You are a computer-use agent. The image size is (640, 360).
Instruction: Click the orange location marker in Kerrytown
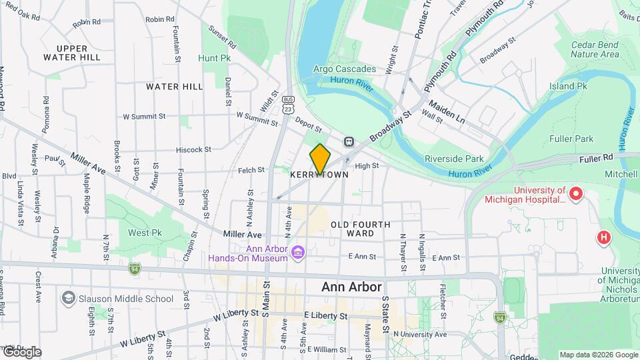(x=320, y=159)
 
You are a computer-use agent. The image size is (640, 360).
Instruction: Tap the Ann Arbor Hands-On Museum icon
(x=298, y=251)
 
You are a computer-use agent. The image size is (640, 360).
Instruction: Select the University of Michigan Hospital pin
(x=576, y=195)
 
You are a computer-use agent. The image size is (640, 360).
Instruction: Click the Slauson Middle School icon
(x=68, y=297)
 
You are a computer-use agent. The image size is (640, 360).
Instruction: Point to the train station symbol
(x=349, y=141)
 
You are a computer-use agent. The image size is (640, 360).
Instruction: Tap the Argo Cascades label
(x=345, y=69)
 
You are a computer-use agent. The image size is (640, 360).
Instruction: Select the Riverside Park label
(x=454, y=159)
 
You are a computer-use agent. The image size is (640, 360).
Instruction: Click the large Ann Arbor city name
(x=351, y=287)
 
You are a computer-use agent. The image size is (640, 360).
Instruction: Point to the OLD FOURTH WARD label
(x=361, y=229)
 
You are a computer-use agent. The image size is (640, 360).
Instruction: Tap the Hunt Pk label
(x=214, y=58)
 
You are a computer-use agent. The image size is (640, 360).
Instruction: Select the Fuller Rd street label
(x=597, y=158)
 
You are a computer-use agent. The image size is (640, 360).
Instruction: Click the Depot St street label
(x=309, y=127)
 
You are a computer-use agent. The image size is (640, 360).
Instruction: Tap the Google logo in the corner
(x=21, y=352)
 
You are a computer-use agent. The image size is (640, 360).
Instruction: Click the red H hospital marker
(x=604, y=237)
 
